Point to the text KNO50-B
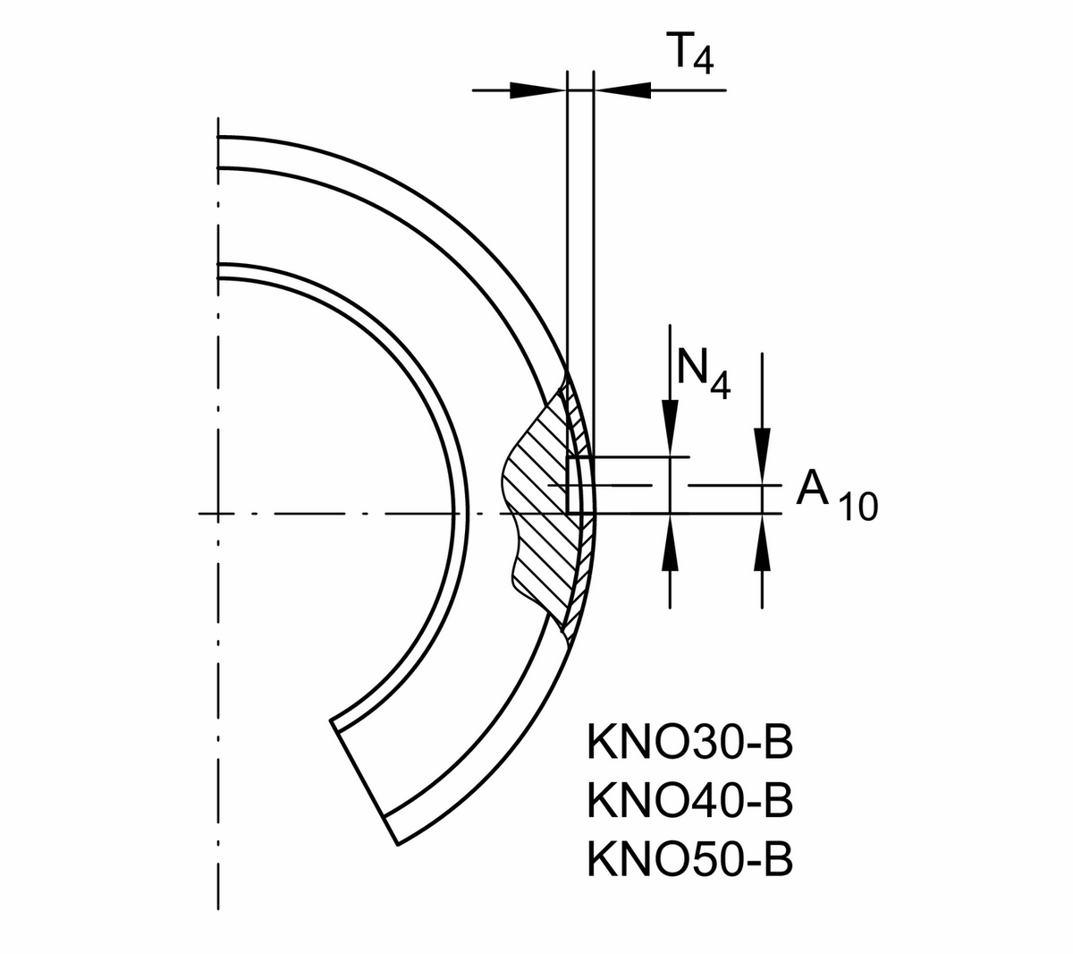pos(689,859)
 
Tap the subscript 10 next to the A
pos(858,508)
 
